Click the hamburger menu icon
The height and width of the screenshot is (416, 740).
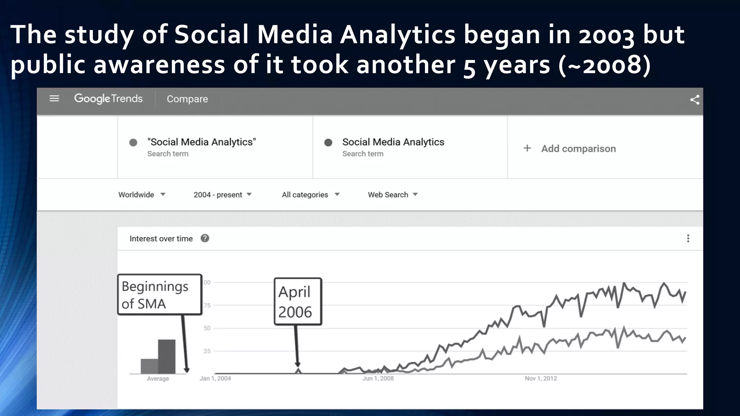click(x=54, y=99)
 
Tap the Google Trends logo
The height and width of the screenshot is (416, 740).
click(x=108, y=99)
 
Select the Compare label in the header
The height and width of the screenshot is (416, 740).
click(x=187, y=99)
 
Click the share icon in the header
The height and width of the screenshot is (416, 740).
click(x=694, y=100)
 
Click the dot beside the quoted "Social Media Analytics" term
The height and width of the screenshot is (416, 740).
click(x=133, y=143)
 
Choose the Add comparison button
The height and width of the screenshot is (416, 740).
click(x=570, y=148)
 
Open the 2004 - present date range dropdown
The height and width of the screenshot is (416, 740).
click(x=222, y=195)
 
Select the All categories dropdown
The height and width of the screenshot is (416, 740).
click(x=310, y=195)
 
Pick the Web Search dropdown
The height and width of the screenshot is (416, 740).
click(x=392, y=195)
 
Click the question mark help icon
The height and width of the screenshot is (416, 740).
click(x=205, y=238)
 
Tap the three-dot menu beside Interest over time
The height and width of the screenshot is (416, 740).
click(x=688, y=238)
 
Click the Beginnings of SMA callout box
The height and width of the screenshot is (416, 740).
click(x=159, y=295)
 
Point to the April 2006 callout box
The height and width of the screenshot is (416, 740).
click(x=298, y=302)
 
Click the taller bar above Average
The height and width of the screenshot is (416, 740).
click(x=167, y=356)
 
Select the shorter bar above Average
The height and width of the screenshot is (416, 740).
click(x=149, y=366)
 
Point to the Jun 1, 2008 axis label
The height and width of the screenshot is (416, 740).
click(x=378, y=378)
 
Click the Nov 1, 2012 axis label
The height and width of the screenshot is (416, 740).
click(x=541, y=378)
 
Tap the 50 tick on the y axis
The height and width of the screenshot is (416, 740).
click(x=207, y=328)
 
